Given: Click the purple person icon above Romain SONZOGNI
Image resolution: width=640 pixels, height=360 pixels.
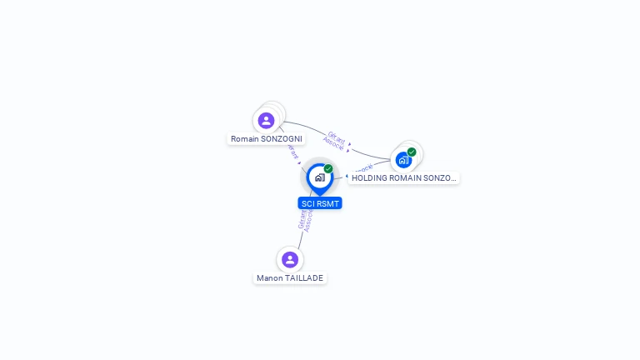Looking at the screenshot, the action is [x=266, y=121].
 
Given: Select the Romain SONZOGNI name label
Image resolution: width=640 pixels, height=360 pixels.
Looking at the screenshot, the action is [x=267, y=138].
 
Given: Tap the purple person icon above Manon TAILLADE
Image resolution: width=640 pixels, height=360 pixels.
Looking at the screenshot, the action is [x=289, y=259].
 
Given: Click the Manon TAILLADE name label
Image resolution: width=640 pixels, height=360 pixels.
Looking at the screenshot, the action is [x=290, y=277].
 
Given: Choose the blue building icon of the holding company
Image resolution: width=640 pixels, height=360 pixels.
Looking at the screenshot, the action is [x=404, y=159].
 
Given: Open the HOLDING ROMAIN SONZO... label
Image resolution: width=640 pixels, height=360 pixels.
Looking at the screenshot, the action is [x=404, y=177].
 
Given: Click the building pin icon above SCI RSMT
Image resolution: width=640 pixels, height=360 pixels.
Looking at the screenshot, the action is [x=319, y=177].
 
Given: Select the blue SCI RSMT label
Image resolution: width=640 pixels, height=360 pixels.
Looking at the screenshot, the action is [x=320, y=202].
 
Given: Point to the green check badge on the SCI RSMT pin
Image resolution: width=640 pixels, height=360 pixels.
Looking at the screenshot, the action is [x=328, y=168].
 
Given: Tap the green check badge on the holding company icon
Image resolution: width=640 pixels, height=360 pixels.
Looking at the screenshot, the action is [x=412, y=152].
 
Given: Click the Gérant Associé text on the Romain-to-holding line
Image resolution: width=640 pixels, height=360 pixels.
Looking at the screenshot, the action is [x=334, y=140].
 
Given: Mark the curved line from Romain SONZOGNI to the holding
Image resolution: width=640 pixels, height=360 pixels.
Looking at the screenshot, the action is [x=367, y=152].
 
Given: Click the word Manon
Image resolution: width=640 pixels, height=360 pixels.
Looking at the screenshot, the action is [x=270, y=277].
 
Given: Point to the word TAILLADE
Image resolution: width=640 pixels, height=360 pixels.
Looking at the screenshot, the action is [x=304, y=277].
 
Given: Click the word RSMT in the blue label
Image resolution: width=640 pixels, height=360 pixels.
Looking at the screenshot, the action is [x=327, y=202].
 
